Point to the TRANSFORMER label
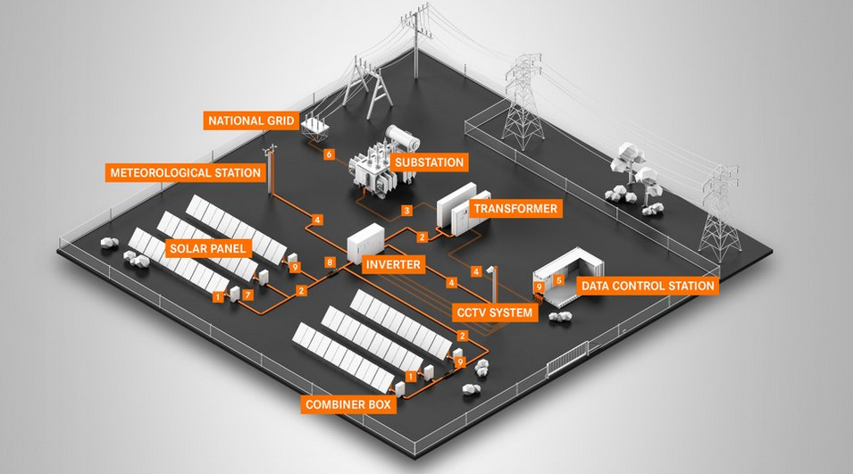point(515,209)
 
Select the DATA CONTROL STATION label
point(648,286)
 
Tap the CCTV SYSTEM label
point(493,312)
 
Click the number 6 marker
point(329,154)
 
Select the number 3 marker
point(406,211)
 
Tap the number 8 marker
point(330,262)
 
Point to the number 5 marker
point(559,279)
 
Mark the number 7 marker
point(248,294)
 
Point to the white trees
point(630,170)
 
